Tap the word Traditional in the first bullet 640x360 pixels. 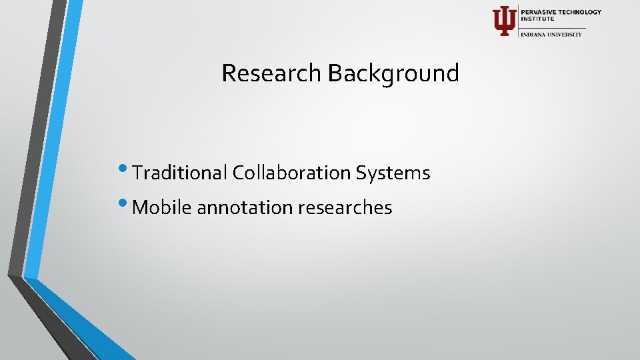tap(180, 173)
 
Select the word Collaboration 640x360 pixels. tap(291, 173)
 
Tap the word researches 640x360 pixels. tap(345, 208)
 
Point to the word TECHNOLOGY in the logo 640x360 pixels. tap(580, 12)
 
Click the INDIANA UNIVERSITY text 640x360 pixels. tap(551, 34)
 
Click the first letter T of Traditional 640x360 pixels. tap(137, 173)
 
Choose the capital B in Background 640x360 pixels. tap(333, 73)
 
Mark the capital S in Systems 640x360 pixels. tap(361, 173)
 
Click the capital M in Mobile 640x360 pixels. tap(140, 208)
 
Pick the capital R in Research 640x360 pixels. tap(228, 73)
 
